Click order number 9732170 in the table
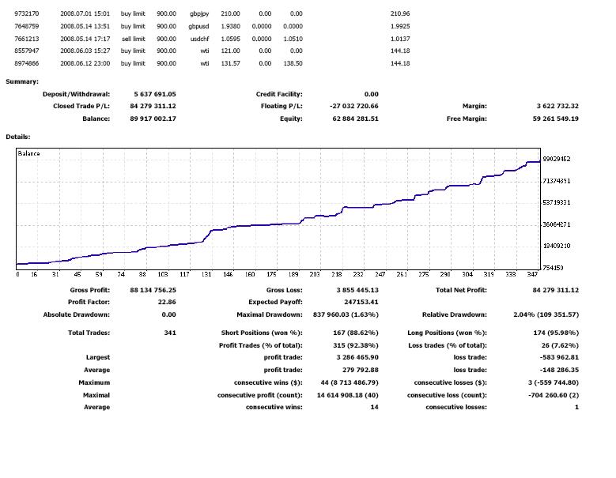coord(27,14)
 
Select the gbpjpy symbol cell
coord(197,14)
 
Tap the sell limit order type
coord(133,39)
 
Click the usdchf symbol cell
coord(198,39)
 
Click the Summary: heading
coord(22,81)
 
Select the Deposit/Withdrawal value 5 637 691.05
coord(153,94)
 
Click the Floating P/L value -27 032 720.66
coord(353,106)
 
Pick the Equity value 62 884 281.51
coord(356,119)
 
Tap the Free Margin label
coord(467,119)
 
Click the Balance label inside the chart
coord(28,153)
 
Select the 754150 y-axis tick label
coord(553,268)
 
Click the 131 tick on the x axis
coord(206,274)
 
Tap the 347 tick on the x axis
coord(531,274)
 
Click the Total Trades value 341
coord(169,333)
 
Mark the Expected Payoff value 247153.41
coord(357,302)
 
